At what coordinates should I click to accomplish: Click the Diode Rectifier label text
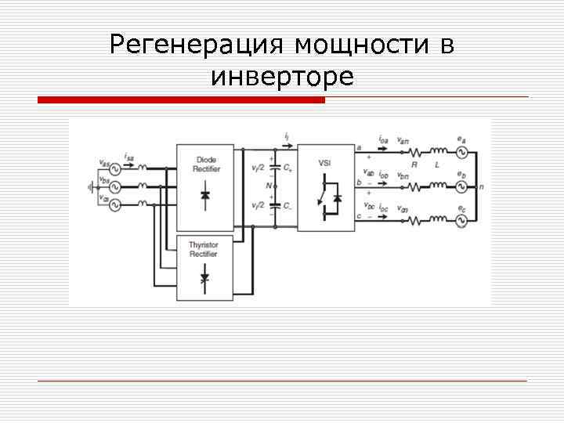[x=205, y=164]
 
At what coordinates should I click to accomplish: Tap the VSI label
[x=324, y=162]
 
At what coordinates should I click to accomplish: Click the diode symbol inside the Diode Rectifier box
[x=205, y=195]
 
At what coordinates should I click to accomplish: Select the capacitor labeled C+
[x=274, y=168]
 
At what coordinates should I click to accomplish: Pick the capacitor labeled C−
[x=274, y=207]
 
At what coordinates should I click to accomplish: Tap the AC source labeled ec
[x=461, y=222]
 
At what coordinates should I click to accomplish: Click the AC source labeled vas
[x=114, y=168]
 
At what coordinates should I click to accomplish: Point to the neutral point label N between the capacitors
[x=267, y=186]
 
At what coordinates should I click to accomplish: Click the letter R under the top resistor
[x=414, y=165]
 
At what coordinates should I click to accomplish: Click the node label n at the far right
[x=481, y=187]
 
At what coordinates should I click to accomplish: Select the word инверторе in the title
[x=282, y=77]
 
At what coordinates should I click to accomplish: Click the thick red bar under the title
[x=181, y=100]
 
